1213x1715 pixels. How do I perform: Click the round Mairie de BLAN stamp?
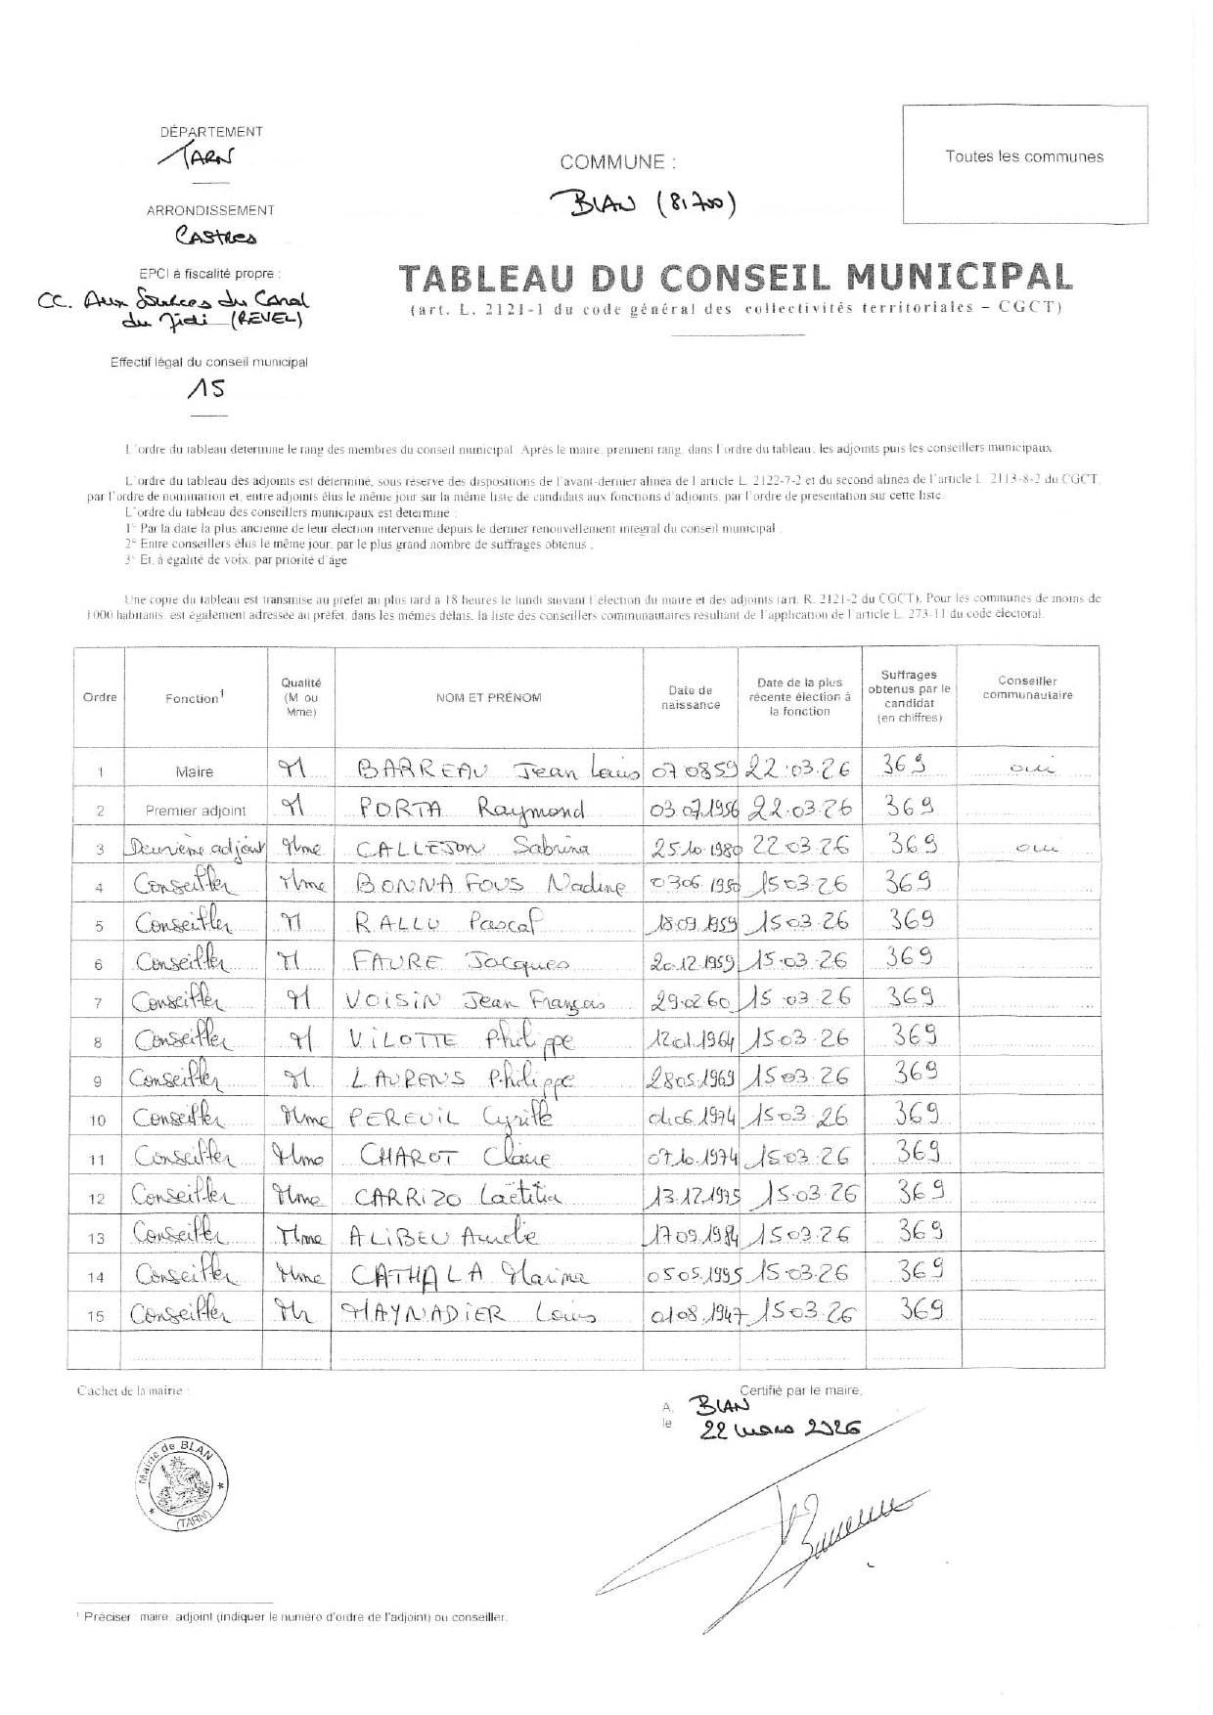pyautogui.click(x=181, y=1483)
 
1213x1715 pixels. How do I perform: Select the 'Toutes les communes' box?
pyautogui.click(x=1024, y=164)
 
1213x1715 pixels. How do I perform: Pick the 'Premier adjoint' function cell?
pyautogui.click(x=196, y=811)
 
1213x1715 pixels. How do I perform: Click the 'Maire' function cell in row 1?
pyautogui.click(x=194, y=771)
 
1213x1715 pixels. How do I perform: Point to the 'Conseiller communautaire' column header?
pyautogui.click(x=1027, y=688)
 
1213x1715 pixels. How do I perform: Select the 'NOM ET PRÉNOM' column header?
pyautogui.click(x=488, y=697)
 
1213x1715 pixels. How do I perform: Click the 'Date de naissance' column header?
pyautogui.click(x=691, y=697)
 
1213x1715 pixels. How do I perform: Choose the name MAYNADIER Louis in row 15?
pyautogui.click(x=468, y=1314)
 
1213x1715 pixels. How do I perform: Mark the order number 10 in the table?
pyautogui.click(x=98, y=1121)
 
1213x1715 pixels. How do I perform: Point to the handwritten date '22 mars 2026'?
pyautogui.click(x=780, y=1429)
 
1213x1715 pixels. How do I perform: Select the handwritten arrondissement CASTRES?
pyautogui.click(x=215, y=237)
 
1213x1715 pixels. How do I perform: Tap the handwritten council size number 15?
pyautogui.click(x=207, y=389)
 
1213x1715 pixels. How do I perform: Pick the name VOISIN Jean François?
pyautogui.click(x=476, y=1001)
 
